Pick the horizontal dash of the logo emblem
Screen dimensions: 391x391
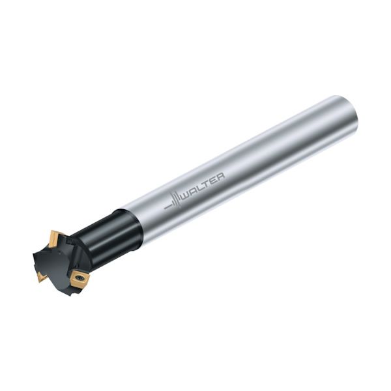pos(167,205)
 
